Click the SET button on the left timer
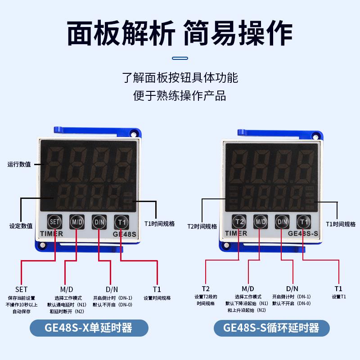[x=54, y=222]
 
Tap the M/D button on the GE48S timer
[x=77, y=222]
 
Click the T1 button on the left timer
[x=121, y=222]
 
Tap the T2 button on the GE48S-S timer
[x=239, y=221]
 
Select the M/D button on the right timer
[x=261, y=221]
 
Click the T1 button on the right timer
[x=303, y=221]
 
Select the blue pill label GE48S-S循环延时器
[x=270, y=327]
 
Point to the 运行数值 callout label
[x=19, y=164]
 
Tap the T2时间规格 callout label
[x=202, y=226]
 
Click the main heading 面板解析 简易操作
[x=180, y=31]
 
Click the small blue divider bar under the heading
[x=180, y=58]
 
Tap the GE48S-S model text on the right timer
[x=303, y=233]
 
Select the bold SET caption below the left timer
[x=21, y=289]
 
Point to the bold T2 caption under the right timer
[x=205, y=288]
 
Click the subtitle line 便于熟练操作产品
[x=180, y=96]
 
